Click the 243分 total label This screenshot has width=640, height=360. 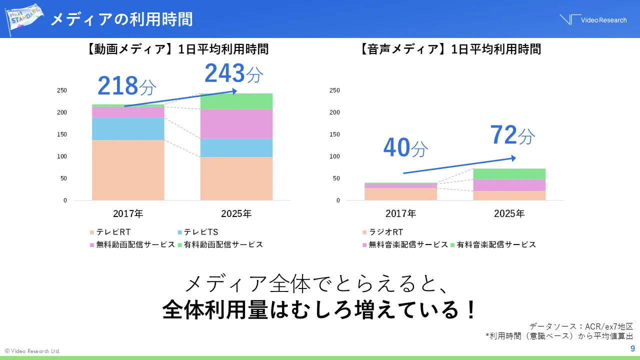(x=233, y=74)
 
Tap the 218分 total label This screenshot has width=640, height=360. (x=126, y=86)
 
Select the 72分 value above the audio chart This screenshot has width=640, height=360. (x=512, y=135)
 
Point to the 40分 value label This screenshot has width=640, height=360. (x=405, y=147)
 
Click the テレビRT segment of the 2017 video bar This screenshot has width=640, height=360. (x=128, y=170)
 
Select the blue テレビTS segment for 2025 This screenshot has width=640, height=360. (x=236, y=148)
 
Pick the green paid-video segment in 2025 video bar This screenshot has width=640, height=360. (x=236, y=101)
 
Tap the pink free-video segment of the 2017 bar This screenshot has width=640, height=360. (x=128, y=112)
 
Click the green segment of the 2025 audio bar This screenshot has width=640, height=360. (x=509, y=174)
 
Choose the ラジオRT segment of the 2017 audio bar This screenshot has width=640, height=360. (x=400, y=193)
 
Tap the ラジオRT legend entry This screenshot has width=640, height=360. (x=382, y=232)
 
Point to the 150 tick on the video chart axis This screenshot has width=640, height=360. (x=61, y=134)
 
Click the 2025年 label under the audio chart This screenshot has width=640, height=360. (x=509, y=213)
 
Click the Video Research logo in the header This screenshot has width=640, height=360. (x=592, y=19)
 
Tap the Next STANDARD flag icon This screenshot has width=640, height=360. (x=22, y=18)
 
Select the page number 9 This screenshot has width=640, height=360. (x=632, y=348)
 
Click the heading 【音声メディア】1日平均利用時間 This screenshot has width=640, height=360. (x=450, y=49)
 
